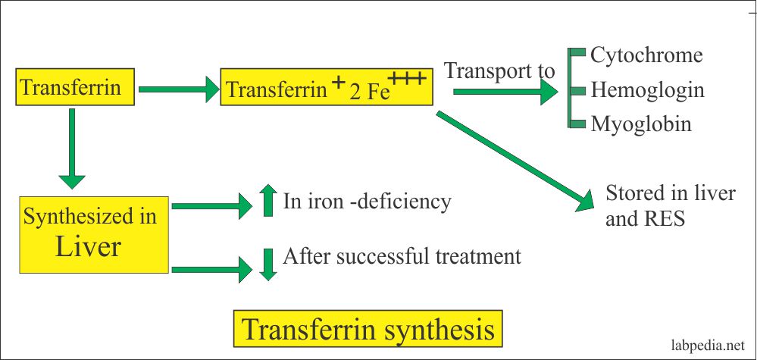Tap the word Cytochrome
click(x=646, y=55)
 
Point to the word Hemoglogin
click(x=648, y=90)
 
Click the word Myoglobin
click(x=641, y=124)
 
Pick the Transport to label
click(x=499, y=71)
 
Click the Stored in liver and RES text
click(x=670, y=205)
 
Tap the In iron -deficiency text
click(x=367, y=202)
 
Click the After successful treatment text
click(x=402, y=256)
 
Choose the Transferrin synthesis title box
click(x=368, y=329)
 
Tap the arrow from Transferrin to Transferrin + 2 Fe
click(x=179, y=90)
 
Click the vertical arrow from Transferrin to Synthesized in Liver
click(x=73, y=148)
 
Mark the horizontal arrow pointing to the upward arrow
click(x=212, y=204)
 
